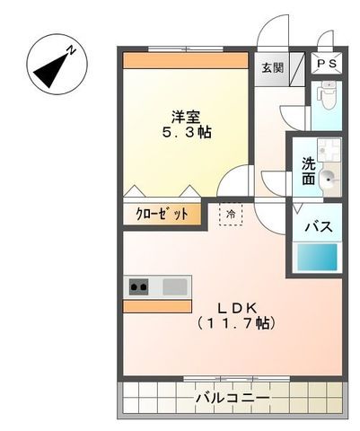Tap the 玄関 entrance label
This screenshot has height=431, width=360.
click(270, 67)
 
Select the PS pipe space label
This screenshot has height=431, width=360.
click(324, 66)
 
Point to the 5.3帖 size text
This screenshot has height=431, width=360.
click(187, 133)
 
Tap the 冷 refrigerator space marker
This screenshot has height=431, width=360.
click(231, 215)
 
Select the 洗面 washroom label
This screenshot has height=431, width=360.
click(308, 172)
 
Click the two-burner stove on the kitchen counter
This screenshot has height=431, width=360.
click(139, 287)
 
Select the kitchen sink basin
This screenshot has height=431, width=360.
click(175, 287)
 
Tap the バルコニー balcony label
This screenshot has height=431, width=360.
click(232, 396)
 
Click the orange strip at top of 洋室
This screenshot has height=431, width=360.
click(185, 61)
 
